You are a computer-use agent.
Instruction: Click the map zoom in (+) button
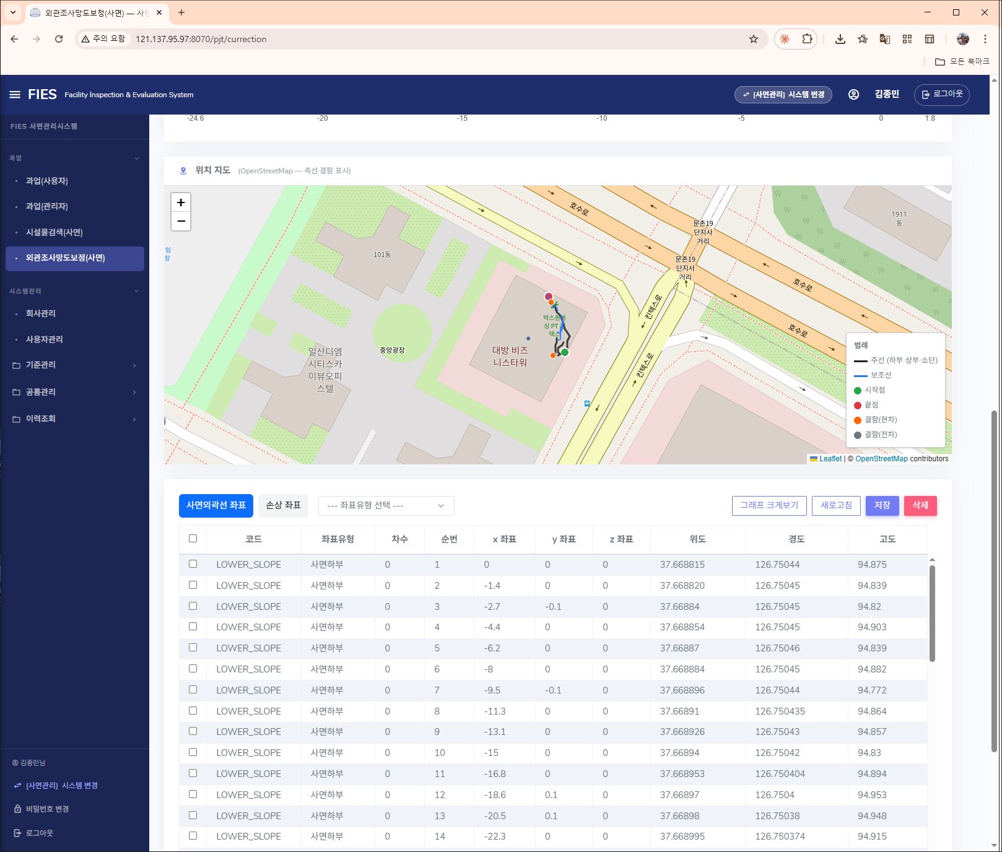pos(181,202)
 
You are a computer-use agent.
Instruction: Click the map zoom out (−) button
pos(181,221)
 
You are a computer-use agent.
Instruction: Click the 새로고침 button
pos(836,505)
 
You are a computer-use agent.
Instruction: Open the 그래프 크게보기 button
pos(769,505)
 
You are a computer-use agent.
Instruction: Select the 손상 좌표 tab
pos(284,505)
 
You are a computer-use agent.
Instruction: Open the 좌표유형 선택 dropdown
pos(386,505)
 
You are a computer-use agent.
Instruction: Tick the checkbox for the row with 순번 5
pos(193,648)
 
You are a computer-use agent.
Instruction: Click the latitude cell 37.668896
pos(682,690)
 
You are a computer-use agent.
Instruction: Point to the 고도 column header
pos(887,539)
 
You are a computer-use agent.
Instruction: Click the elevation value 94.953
pos(872,794)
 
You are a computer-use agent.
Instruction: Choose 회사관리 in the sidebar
pos(41,313)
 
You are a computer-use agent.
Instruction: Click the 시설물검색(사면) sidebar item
pos(54,232)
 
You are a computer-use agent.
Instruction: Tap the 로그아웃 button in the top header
pos(941,94)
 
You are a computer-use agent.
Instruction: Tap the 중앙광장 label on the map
pos(392,350)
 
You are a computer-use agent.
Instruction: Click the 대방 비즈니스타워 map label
pos(510,356)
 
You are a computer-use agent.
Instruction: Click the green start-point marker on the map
pos(564,352)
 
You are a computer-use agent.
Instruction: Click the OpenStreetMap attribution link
pos(881,459)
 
